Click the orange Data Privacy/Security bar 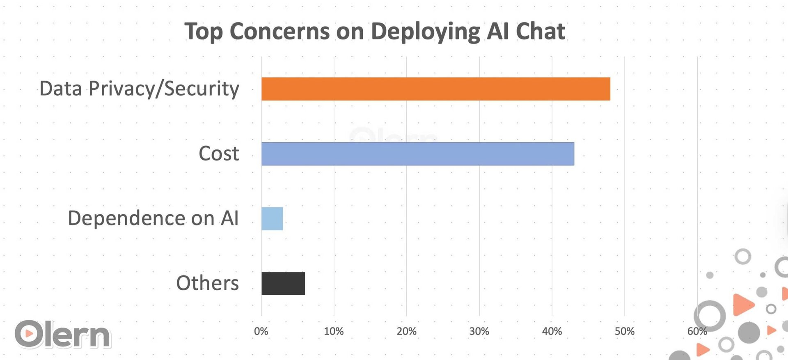435,89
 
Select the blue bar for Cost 417,154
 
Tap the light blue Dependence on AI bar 272,218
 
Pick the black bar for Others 283,283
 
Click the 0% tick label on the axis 261,331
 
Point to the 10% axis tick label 334,331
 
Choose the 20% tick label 406,331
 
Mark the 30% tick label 479,331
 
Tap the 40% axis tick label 552,331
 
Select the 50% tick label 624,331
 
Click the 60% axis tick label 696,331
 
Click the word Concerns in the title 279,31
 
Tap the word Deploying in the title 425,32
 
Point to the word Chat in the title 540,31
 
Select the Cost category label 218,154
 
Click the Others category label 207,283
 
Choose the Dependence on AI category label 153,218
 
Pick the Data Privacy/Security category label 139,89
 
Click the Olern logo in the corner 63,335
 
